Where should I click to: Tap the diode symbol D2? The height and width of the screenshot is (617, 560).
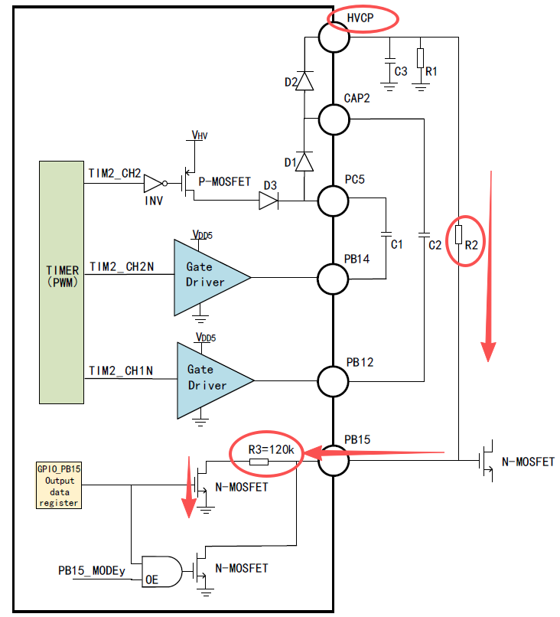pos(304,81)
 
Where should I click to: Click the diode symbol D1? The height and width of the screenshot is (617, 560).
pos(304,162)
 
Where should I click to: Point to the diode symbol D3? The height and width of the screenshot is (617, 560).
pos(269,201)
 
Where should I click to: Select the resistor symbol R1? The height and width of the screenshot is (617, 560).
pos(421,58)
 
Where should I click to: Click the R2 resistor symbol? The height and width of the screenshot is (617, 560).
pos(458,234)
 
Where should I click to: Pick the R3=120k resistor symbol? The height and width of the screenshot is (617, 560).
pos(259,462)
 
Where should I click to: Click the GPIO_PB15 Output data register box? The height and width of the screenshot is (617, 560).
pos(59,485)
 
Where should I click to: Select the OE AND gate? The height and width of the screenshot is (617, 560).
pos(162,572)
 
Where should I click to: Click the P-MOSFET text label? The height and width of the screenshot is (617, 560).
pos(225,181)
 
